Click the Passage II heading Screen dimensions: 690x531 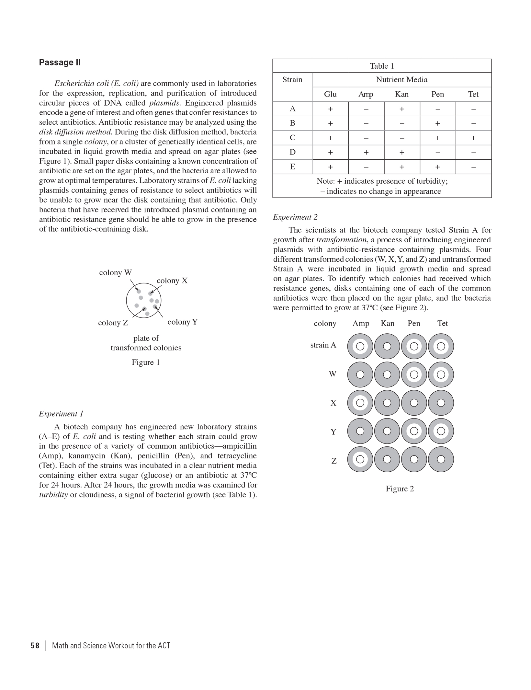pyautogui.click(x=60, y=62)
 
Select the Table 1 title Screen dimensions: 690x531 pyautogui.click(x=382, y=66)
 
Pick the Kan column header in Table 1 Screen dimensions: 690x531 pyautogui.click(x=401, y=94)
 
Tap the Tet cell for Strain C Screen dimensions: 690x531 pyautogui.click(x=473, y=138)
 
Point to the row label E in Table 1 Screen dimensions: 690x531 pyautogui.click(x=292, y=167)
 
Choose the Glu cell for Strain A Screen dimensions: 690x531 pyautogui.click(x=330, y=109)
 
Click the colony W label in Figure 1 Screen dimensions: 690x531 pyautogui.click(x=115, y=273)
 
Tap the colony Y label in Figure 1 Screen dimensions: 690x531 pyautogui.click(x=182, y=322)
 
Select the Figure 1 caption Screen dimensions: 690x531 pyautogui.click(x=146, y=362)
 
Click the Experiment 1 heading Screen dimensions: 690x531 pyautogui.click(x=61, y=414)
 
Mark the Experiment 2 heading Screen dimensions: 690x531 pyautogui.click(x=295, y=217)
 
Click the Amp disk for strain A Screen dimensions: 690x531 pyautogui.click(x=360, y=346)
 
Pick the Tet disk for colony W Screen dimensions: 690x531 pyautogui.click(x=441, y=374)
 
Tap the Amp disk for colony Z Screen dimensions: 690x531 pyautogui.click(x=360, y=459)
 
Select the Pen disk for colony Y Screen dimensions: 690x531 pyautogui.click(x=414, y=431)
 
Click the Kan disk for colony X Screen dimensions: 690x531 pyautogui.click(x=387, y=403)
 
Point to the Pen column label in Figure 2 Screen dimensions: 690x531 pyautogui.click(x=414, y=323)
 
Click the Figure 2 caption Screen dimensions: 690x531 pyautogui.click(x=400, y=489)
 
